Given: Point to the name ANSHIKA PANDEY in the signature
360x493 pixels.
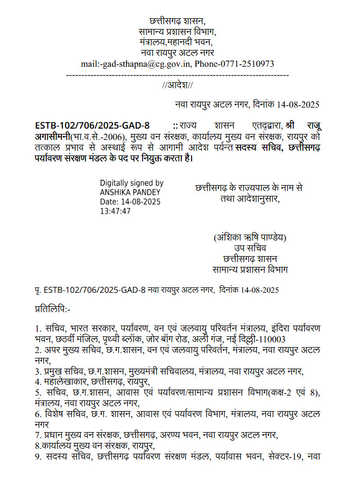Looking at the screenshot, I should pos(130,192).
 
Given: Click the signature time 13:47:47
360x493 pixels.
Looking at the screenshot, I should pos(115,211).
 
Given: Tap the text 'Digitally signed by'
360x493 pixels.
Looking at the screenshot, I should pos(131,183).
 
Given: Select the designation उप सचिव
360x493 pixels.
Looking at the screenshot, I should pos(250,248).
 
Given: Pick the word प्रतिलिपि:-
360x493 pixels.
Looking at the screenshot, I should pos(52,309).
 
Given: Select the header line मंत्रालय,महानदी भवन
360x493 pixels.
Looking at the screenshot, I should pos(176,42).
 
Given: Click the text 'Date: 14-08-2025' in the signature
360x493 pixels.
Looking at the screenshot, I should pos(130,201).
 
